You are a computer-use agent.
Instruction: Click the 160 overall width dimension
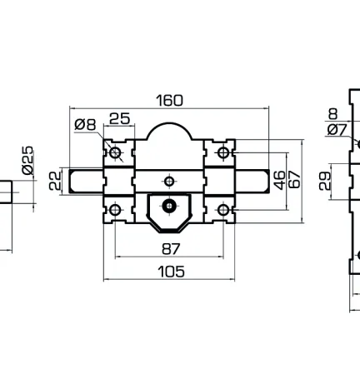coord(169,101)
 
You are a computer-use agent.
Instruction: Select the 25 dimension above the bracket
coord(120,118)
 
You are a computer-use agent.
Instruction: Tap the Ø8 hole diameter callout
coord(85,124)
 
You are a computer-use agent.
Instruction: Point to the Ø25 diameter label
coord(27,161)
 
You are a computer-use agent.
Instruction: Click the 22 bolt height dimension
coord(55,181)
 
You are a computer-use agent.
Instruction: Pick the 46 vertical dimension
coord(280,181)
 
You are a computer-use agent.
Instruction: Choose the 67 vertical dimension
coord(295,180)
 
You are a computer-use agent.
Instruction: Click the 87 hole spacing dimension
coord(171,249)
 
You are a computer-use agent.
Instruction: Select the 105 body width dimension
coord(171,272)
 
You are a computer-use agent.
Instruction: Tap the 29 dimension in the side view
coord(325,181)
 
